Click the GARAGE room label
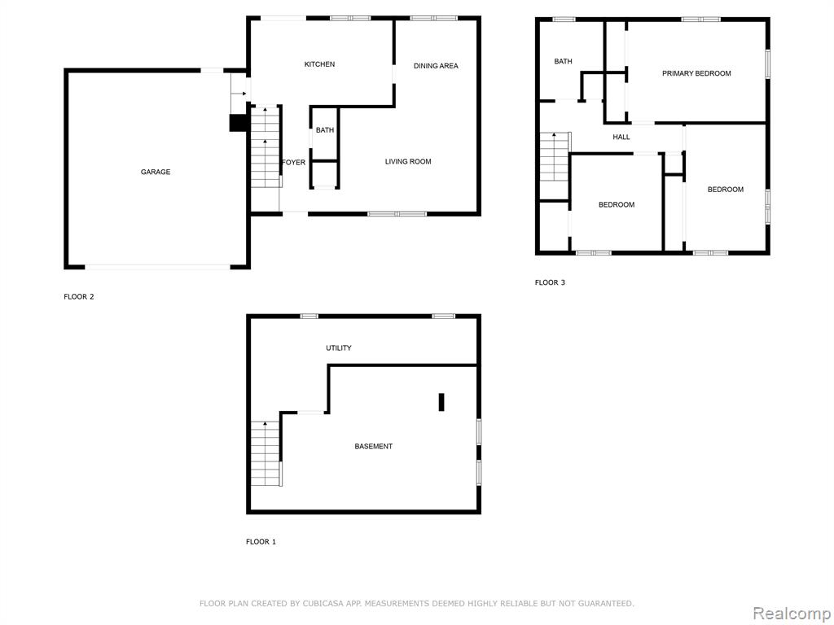click(156, 172)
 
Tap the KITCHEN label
click(319, 64)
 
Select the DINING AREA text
click(436, 66)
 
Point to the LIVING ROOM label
click(408, 162)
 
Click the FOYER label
click(293, 162)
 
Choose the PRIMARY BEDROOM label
click(696, 73)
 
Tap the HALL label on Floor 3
click(621, 137)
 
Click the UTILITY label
click(338, 348)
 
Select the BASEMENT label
click(373, 447)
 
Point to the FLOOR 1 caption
click(261, 541)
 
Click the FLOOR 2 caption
click(79, 296)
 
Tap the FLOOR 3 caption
click(550, 282)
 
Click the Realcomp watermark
click(792, 613)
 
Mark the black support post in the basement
click(441, 402)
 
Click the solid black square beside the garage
click(238, 123)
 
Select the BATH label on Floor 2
click(325, 130)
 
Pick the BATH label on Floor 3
click(564, 62)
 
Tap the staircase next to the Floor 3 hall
click(555, 157)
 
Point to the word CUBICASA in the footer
click(323, 603)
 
